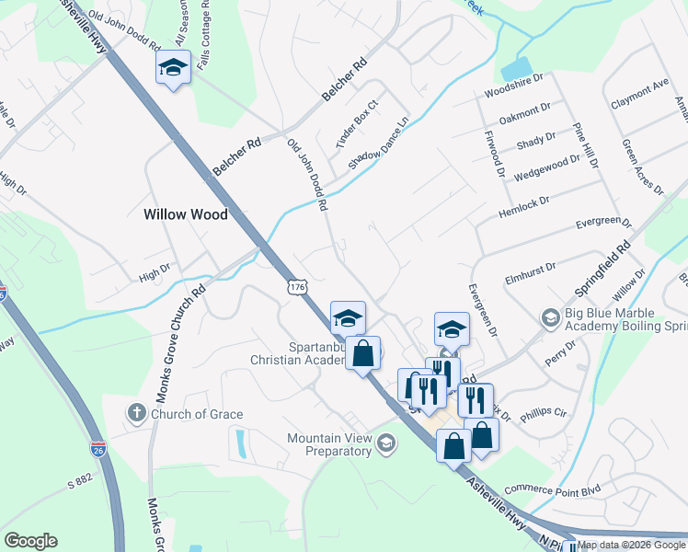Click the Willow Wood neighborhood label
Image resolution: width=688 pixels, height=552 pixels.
point(185,214)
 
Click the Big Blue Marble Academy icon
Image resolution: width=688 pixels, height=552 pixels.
point(550,318)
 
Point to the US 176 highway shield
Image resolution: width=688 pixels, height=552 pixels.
point(296,287)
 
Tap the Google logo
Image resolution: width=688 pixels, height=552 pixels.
point(30,541)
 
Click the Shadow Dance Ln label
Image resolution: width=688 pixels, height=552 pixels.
point(378,144)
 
